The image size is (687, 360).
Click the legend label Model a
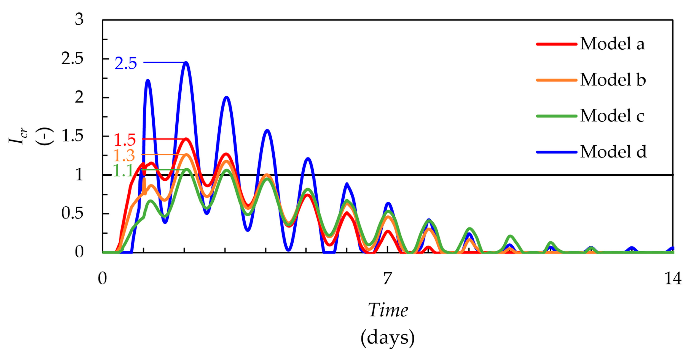pos(612,44)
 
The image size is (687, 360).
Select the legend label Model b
pos(613,80)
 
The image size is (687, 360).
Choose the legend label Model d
pos(613,152)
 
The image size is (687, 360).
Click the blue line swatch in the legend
pos(557,152)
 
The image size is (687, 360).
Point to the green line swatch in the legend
pos(557,116)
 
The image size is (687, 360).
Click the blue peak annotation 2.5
pos(126,63)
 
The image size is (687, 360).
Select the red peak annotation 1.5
pos(125,140)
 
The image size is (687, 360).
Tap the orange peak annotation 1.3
pos(124,156)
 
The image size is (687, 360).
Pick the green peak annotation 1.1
pos(123,171)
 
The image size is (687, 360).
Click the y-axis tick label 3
pos(79,20)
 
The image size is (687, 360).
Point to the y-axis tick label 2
pos(79,98)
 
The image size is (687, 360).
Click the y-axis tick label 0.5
pos(72,214)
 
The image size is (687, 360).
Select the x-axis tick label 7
pos(387,279)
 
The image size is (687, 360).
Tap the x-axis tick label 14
pos(673,279)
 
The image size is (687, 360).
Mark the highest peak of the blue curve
pos(186,63)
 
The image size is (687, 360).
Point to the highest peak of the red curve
pos(186,139)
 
